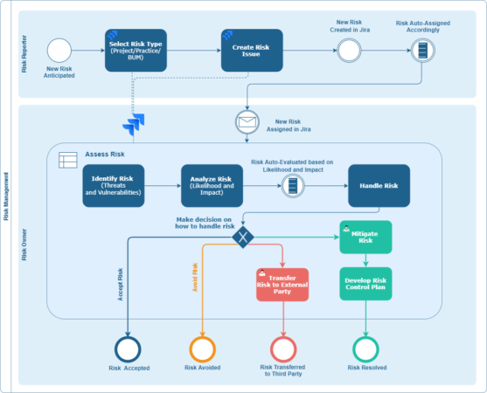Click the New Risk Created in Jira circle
(350, 51)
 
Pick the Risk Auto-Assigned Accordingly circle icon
(424, 51)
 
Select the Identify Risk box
(114, 186)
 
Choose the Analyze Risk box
(211, 186)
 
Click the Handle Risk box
(379, 186)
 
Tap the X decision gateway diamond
(243, 237)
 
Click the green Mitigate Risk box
(365, 236)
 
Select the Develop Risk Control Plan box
(365, 283)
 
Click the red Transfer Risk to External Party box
(282, 284)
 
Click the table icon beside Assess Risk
(66, 161)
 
